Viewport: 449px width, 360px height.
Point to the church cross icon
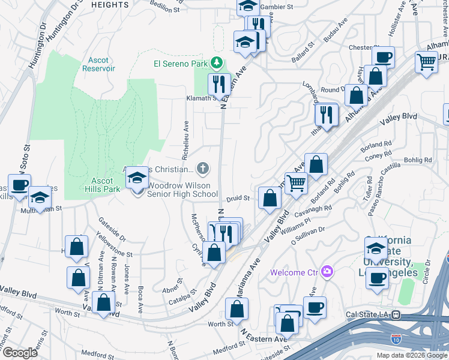point(203,168)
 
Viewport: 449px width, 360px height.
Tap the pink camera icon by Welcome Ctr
point(327,272)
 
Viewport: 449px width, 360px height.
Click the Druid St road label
point(238,198)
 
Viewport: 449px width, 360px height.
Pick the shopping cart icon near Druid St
point(296,183)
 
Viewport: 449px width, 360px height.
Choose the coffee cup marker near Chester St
point(383,58)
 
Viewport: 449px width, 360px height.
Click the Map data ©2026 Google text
point(411,355)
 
